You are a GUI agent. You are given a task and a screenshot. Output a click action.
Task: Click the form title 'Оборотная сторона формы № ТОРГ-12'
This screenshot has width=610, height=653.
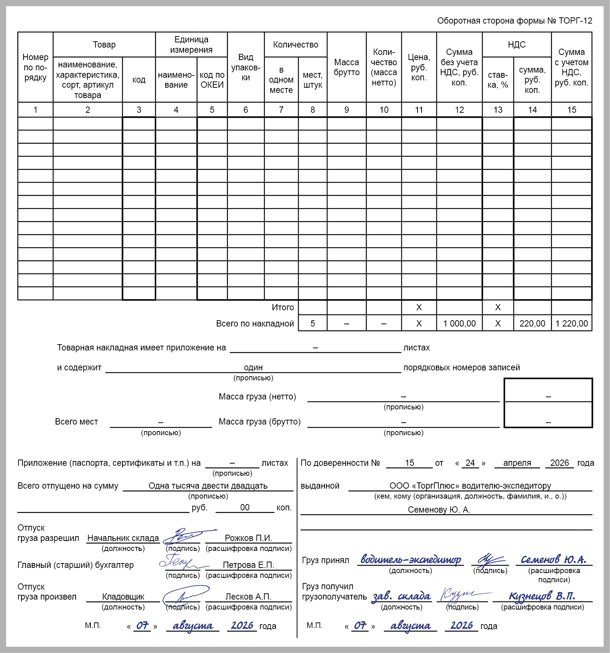[514, 21]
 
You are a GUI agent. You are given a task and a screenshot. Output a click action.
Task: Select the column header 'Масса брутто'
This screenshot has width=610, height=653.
[346, 67]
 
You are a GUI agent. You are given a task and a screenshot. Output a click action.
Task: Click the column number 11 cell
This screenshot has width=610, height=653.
[419, 110]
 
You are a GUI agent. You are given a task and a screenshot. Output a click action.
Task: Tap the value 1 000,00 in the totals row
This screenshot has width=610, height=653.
[459, 324]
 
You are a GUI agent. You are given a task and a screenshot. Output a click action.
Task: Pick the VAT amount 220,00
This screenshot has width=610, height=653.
[532, 324]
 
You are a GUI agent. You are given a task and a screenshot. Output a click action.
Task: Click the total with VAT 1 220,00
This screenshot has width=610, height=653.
[572, 324]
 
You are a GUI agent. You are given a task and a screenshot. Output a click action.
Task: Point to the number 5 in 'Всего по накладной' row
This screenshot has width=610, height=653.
[312, 324]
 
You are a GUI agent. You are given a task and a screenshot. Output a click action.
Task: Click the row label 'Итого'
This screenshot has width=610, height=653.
[283, 307]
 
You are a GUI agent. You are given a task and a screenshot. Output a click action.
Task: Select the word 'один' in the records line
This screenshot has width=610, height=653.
[253, 367]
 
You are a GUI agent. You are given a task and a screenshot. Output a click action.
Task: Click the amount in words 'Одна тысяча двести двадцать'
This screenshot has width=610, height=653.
[208, 486]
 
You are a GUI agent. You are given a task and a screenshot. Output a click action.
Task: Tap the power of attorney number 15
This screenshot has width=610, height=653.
[409, 463]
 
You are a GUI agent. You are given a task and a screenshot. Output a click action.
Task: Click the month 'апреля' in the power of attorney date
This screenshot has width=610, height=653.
[517, 463]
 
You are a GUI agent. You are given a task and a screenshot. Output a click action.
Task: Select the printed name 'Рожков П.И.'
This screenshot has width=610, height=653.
[248, 538]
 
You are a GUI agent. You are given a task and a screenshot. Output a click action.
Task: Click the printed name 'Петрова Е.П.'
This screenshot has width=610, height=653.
[248, 565]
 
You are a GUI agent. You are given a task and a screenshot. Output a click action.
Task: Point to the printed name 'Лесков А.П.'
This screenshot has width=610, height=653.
[248, 597]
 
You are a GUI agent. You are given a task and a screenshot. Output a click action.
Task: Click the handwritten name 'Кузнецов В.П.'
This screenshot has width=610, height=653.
[542, 596]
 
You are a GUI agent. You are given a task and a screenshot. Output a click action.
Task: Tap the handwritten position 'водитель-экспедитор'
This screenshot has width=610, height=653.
[410, 559]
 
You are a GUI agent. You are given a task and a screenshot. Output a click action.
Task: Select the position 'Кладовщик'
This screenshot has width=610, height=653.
[123, 597]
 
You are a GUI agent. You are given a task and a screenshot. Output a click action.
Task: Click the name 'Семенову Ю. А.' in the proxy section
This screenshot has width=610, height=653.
[439, 510]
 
